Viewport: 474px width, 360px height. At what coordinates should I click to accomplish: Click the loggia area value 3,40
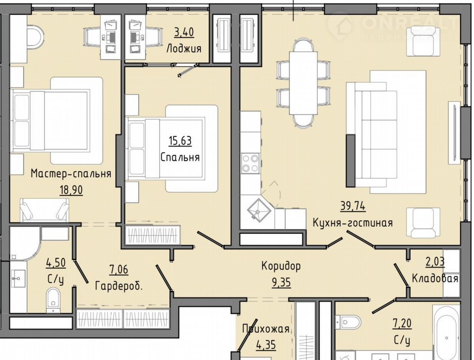[184, 32]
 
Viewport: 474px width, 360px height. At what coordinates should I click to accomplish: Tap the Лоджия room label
[184, 48]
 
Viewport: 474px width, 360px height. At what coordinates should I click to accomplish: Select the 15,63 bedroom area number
[180, 140]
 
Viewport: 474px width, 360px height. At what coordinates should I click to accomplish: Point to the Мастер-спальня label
[71, 174]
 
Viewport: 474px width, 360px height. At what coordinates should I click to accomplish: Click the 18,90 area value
[71, 190]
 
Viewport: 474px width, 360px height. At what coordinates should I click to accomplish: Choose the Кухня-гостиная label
[353, 223]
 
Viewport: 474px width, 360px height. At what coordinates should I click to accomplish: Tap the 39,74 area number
[353, 207]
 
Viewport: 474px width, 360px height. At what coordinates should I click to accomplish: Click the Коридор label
[281, 266]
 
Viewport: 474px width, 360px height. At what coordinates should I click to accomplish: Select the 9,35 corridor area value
[281, 282]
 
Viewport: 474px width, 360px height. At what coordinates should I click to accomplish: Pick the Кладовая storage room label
[435, 279]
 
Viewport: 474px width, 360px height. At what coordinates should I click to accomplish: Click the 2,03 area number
[435, 262]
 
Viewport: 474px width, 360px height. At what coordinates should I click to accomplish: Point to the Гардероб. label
[119, 286]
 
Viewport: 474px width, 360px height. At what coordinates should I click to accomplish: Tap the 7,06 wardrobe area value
[119, 269]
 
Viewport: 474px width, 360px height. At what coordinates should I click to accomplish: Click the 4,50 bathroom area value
[56, 263]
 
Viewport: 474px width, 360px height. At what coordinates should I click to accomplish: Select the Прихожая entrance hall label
[266, 329]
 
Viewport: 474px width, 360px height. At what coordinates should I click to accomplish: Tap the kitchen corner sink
[258, 209]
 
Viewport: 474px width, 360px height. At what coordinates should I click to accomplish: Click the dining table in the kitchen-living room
[303, 83]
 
